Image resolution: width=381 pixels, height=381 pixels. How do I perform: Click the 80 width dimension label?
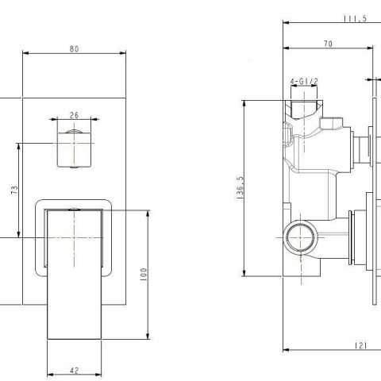(x=75, y=48)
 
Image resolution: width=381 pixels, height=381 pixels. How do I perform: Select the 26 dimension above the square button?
(x=75, y=114)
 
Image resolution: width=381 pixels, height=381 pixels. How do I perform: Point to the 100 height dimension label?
(x=144, y=275)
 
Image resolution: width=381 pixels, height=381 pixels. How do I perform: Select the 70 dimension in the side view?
(x=327, y=44)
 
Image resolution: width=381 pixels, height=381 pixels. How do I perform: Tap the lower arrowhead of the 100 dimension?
(x=148, y=339)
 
